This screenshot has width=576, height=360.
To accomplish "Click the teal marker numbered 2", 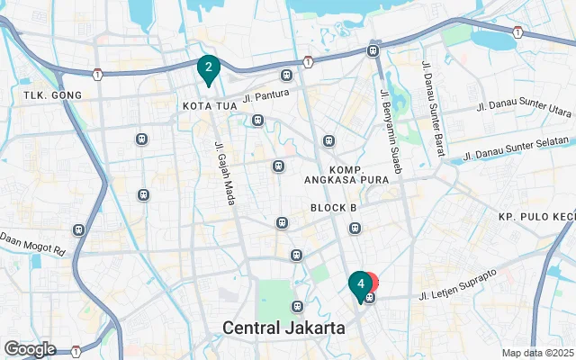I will (x=209, y=67).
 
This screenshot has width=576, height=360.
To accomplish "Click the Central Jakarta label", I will (x=284, y=328).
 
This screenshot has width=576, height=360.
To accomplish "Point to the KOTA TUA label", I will (x=209, y=106).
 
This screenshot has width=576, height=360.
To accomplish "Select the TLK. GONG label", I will (x=52, y=95).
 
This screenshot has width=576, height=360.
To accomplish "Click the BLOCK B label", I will (x=335, y=208).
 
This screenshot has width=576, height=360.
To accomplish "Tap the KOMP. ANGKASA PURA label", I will (x=346, y=175).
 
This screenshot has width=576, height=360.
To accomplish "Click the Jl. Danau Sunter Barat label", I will (x=429, y=106).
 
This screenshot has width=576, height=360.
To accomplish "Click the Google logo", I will (x=30, y=349).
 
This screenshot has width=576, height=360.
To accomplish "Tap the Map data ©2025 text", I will (x=536, y=353).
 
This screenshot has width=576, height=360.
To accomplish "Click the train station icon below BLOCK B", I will (x=355, y=228).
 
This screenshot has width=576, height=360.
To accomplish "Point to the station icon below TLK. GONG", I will (x=141, y=139).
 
